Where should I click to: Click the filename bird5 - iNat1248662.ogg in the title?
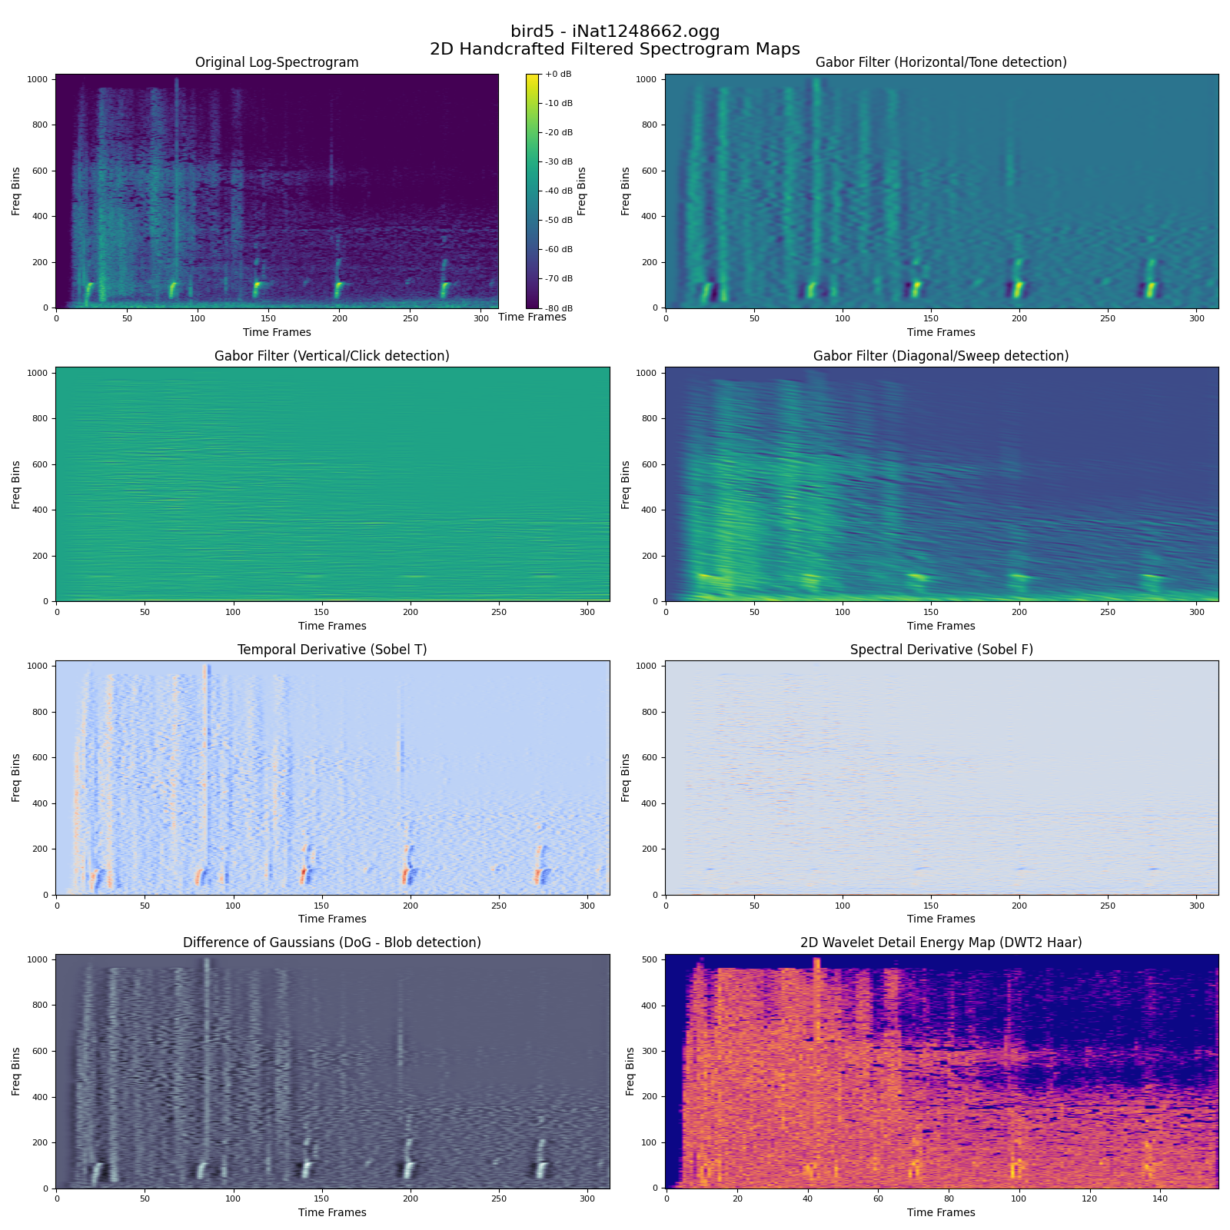pos(615,32)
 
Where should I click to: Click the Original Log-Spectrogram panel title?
pos(277,62)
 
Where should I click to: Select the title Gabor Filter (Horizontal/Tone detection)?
pos(941,62)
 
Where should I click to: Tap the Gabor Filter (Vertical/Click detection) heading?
pos(332,356)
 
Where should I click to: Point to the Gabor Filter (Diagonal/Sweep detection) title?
pos(941,356)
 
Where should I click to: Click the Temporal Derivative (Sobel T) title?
pos(332,650)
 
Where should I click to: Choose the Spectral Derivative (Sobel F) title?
pos(941,650)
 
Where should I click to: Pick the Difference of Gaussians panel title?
pos(332,942)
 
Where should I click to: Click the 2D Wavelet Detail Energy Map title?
pos(941,942)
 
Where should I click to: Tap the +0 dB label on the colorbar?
pos(558,75)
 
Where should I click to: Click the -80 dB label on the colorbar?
pos(558,307)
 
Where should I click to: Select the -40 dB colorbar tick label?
pos(558,191)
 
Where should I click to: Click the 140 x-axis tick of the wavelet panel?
pos(1160,1198)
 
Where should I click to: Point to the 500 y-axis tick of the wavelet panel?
pos(650,959)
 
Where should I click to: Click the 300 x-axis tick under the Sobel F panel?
pos(1196,905)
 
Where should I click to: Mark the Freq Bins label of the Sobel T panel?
pos(16,778)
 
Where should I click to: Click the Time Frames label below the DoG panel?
pos(332,1212)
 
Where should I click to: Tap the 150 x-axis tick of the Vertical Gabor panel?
pos(321,611)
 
